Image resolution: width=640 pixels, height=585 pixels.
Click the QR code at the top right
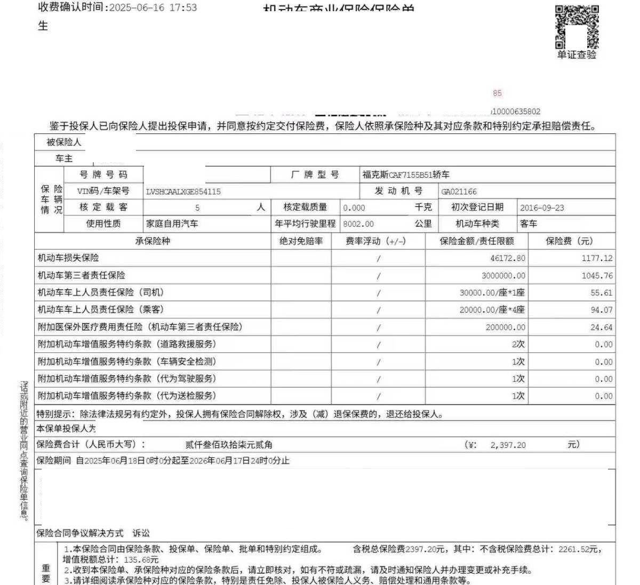577,27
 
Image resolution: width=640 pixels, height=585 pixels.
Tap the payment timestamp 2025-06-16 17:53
153,8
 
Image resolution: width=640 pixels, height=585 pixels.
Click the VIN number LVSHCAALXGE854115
183,192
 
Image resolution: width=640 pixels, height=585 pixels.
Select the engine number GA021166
459,192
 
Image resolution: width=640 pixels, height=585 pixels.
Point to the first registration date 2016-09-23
542,208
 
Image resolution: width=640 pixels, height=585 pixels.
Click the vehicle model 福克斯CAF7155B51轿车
406,175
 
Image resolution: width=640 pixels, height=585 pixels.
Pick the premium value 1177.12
597,258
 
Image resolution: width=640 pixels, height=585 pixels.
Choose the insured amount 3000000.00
503,276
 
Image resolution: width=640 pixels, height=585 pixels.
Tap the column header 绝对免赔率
301,241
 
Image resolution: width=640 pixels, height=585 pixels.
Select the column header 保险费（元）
569,241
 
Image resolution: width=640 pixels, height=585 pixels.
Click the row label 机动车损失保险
68,258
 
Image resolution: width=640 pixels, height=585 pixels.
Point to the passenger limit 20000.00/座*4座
492,310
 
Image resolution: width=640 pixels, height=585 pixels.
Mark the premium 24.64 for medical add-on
601,328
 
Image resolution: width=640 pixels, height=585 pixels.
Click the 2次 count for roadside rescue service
518,345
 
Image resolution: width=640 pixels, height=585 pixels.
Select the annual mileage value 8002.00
358,224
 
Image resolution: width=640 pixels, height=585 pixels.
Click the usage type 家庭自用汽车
172,224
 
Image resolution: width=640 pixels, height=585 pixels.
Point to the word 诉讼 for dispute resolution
141,533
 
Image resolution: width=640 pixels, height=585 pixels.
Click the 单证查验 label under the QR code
577,54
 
